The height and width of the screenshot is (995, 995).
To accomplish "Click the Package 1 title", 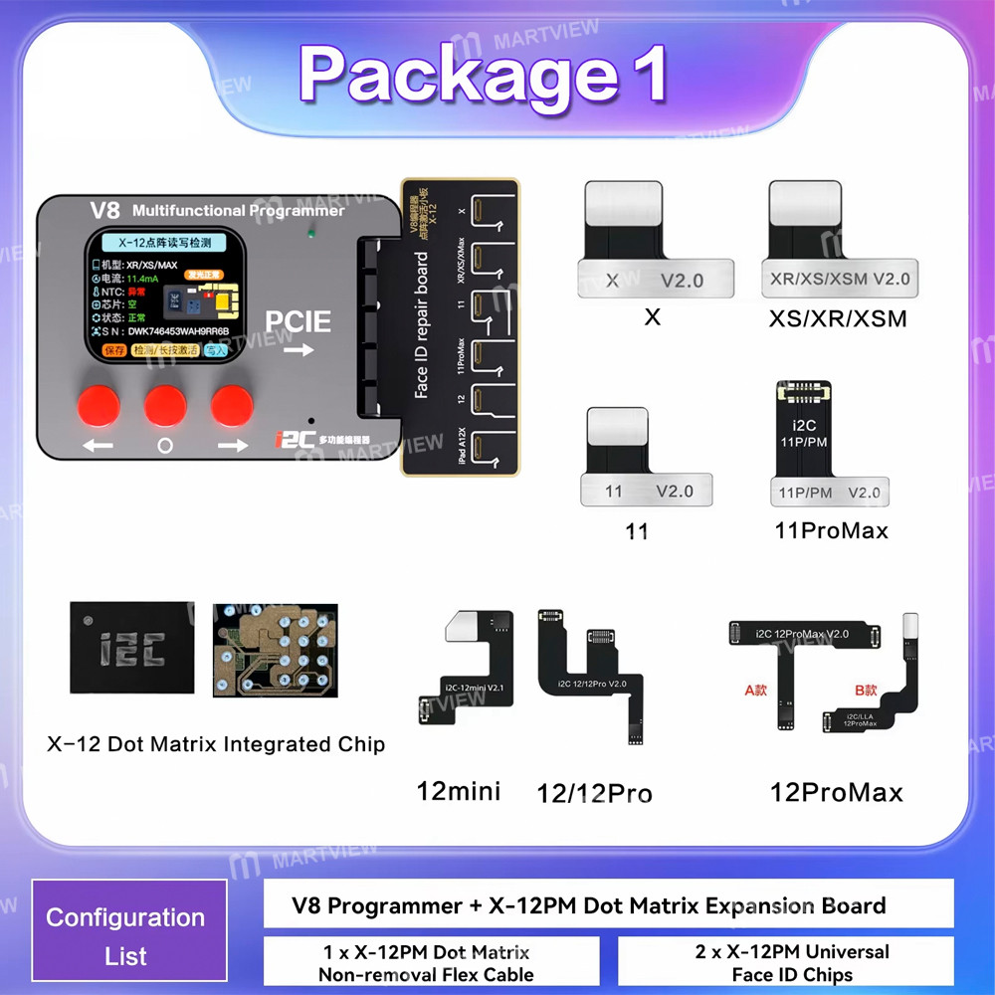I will (x=484, y=76).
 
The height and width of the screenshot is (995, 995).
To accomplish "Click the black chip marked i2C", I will (x=131, y=648).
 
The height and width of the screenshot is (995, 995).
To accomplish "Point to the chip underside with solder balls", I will (x=275, y=649).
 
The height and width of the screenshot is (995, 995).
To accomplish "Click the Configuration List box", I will (x=127, y=936).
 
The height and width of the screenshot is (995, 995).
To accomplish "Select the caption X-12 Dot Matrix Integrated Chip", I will (x=216, y=743).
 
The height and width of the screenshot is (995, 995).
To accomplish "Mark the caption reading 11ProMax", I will (x=831, y=530).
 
